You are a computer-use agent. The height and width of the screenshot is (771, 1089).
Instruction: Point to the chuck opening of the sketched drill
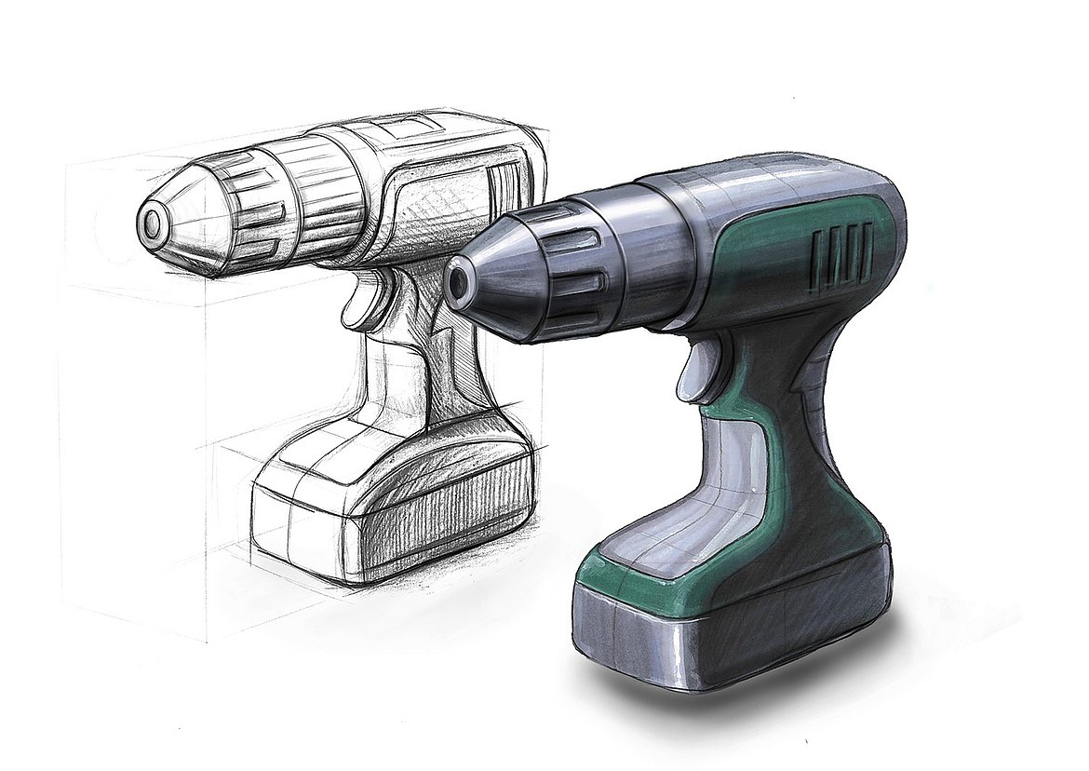coord(150,223)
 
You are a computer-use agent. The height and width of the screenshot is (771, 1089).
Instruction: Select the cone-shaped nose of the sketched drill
coord(186,219)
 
